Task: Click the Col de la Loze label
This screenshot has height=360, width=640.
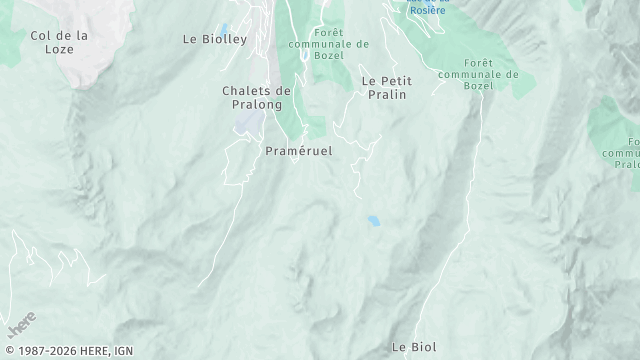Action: point(59,41)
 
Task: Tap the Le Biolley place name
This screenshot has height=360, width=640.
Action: point(215,40)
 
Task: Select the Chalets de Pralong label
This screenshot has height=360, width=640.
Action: point(256,96)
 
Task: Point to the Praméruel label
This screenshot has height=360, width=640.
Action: point(298,150)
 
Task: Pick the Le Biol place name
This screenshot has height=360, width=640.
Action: point(412,347)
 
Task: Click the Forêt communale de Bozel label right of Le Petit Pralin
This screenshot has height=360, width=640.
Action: point(479,74)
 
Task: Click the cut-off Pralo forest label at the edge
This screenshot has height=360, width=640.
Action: point(627,150)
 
